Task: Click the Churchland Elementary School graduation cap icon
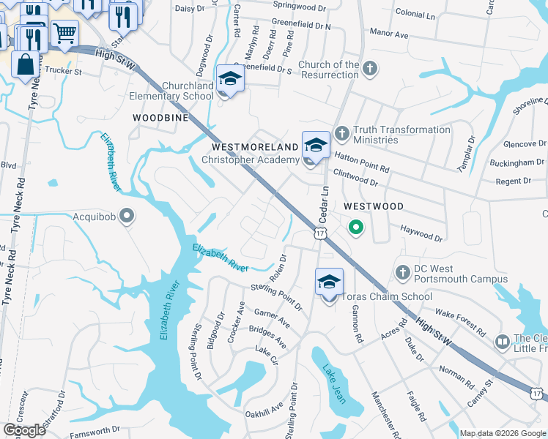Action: pyautogui.click(x=230, y=78)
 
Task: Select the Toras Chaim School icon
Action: pyautogui.click(x=329, y=281)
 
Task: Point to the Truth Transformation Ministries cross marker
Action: pyautogui.click(x=341, y=133)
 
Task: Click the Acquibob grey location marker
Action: pyautogui.click(x=127, y=216)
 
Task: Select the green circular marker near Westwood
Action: pyautogui.click(x=355, y=228)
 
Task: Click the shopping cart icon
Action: pyautogui.click(x=64, y=32)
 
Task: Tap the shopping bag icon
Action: pyautogui.click(x=26, y=64)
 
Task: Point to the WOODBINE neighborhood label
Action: pyautogui.click(x=160, y=117)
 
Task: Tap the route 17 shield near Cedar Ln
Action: pyautogui.click(x=320, y=233)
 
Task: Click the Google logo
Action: pyautogui.click(x=26, y=430)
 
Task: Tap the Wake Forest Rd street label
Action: pyautogui.click(x=460, y=321)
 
